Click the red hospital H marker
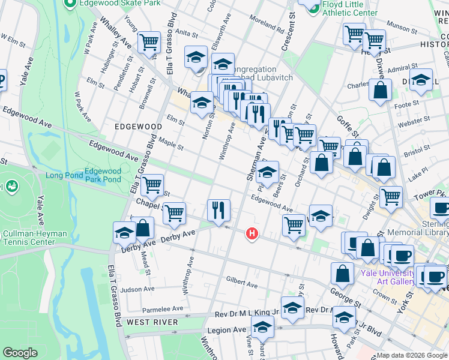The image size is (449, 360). click(x=253, y=233)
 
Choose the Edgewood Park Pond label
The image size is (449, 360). click(x=103, y=175)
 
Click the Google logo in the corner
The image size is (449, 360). click(x=20, y=353)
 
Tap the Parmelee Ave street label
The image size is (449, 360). click(x=162, y=309)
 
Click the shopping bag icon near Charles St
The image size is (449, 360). click(x=381, y=90)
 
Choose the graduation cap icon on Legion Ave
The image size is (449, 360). click(x=262, y=327)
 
